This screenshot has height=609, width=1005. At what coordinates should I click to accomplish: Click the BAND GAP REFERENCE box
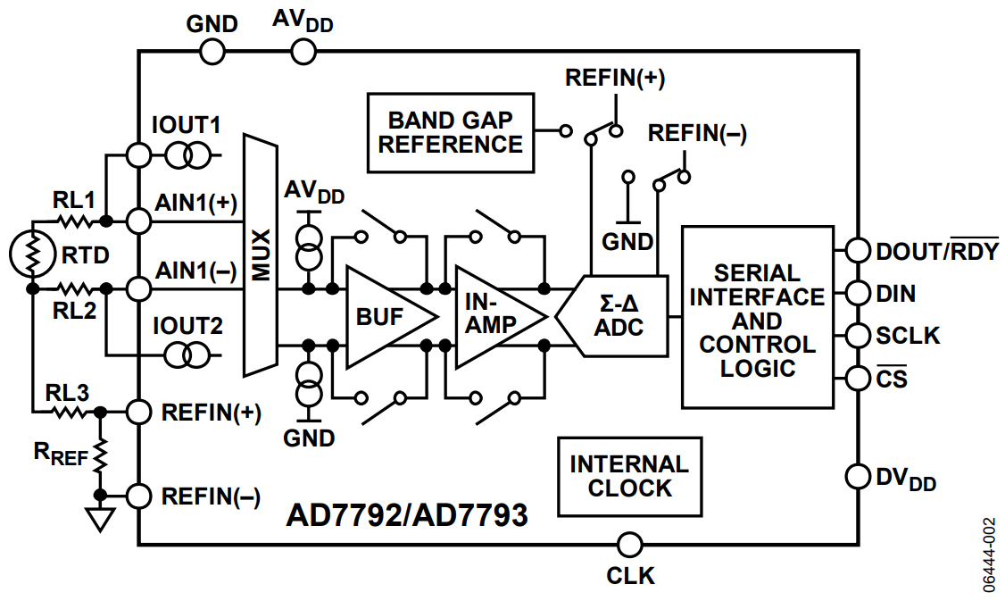click(451, 133)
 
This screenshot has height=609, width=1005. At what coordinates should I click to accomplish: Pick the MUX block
click(260, 255)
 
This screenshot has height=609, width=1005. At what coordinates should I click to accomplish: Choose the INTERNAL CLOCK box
click(629, 476)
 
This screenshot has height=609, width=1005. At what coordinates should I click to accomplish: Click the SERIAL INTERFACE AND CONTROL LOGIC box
click(757, 317)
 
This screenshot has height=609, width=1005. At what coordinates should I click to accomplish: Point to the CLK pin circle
click(629, 545)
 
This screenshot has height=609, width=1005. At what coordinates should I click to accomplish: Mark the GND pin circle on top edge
click(212, 51)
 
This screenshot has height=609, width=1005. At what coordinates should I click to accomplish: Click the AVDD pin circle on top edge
click(303, 51)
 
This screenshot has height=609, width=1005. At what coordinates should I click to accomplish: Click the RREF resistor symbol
click(100, 454)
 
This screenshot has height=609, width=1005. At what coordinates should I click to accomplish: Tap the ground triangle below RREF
click(100, 519)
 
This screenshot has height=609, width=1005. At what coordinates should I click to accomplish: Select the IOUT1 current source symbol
click(187, 155)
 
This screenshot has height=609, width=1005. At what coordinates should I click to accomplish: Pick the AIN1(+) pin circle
click(138, 221)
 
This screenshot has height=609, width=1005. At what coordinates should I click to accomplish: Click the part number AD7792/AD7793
click(407, 514)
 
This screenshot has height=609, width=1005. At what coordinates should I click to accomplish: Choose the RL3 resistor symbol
click(69, 413)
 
